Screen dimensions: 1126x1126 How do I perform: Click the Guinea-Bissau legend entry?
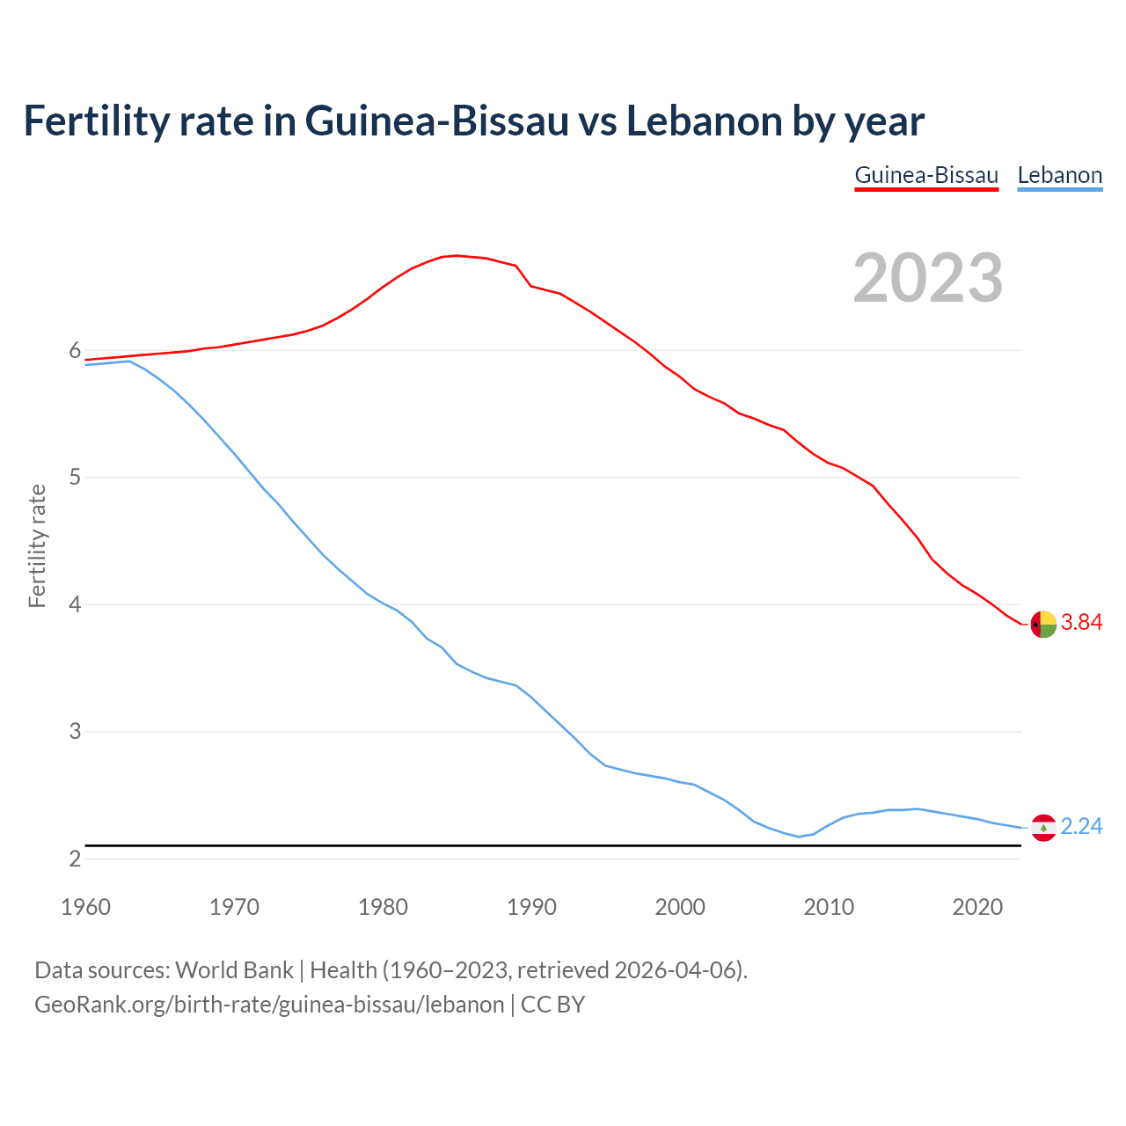pyautogui.click(x=926, y=175)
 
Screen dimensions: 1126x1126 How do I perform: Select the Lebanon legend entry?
pyautogui.click(x=1059, y=175)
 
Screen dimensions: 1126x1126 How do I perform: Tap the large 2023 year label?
pyautogui.click(x=928, y=277)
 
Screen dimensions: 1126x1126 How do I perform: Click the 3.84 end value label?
pyautogui.click(x=1081, y=623)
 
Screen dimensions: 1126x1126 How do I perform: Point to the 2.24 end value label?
pyautogui.click(x=1081, y=827)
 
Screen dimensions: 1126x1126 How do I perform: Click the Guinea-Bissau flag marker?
pyautogui.click(x=1043, y=624)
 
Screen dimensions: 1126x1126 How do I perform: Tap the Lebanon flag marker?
pyautogui.click(x=1043, y=828)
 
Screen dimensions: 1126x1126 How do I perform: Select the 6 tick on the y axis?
pyautogui.click(x=75, y=351)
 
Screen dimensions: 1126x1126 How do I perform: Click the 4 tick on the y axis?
pyautogui.click(x=75, y=605)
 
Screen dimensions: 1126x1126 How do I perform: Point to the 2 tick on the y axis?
pyautogui.click(x=75, y=859)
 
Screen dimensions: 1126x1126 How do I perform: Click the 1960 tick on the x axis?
pyautogui.click(x=85, y=907)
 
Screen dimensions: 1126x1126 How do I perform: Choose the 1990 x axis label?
pyautogui.click(x=531, y=907)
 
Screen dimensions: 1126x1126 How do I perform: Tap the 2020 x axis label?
pyautogui.click(x=977, y=907)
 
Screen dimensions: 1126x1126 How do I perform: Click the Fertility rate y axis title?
pyautogui.click(x=37, y=545)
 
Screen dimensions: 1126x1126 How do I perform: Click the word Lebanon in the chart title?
pyautogui.click(x=704, y=121)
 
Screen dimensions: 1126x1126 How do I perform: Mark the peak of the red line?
pyautogui.click(x=456, y=255)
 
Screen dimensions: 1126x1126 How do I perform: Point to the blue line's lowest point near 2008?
pyautogui.click(x=799, y=837)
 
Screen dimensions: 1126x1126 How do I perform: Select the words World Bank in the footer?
pyautogui.click(x=234, y=970)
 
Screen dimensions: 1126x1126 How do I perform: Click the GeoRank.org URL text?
pyautogui.click(x=269, y=1005)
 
